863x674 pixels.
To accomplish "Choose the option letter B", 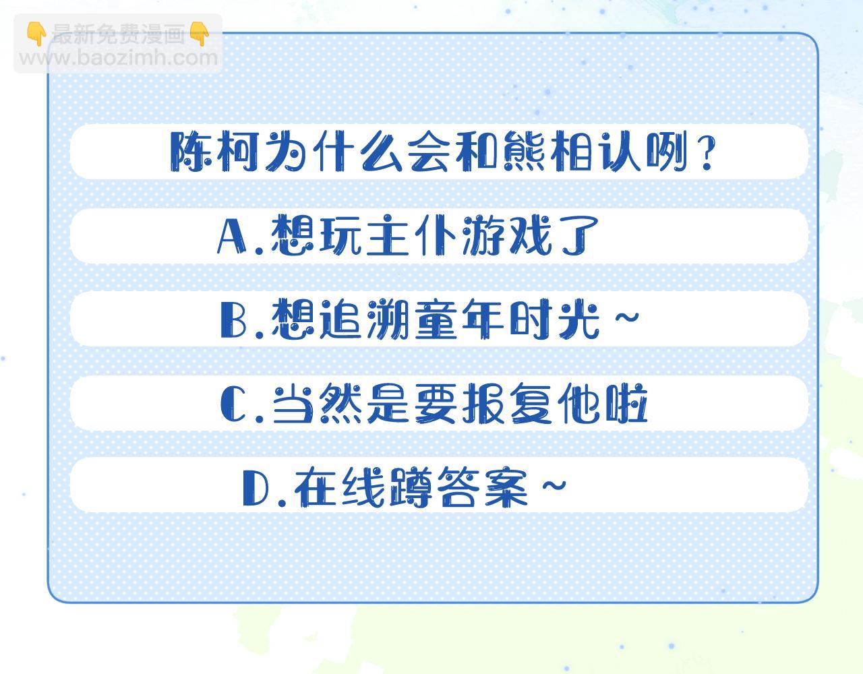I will [234, 319].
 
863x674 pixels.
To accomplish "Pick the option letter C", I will [234, 404].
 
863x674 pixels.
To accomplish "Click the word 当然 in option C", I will [315, 404].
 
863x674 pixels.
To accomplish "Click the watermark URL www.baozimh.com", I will [119, 57].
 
